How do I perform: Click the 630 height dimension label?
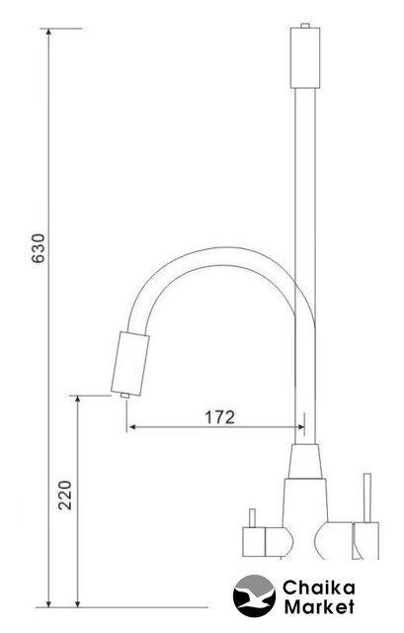pyautogui.click(x=39, y=248)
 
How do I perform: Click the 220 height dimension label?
pyautogui.click(x=65, y=495)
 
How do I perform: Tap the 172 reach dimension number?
pyautogui.click(x=219, y=417)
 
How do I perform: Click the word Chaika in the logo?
pyautogui.click(x=319, y=588)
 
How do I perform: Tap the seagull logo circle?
pyautogui.click(x=255, y=595)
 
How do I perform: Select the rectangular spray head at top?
pyautogui.click(x=305, y=57)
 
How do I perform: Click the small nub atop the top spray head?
pyautogui.click(x=305, y=26)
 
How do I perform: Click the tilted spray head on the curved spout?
pyautogui.click(x=129, y=363)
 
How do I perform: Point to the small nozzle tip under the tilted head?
pyautogui.click(x=124, y=396)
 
